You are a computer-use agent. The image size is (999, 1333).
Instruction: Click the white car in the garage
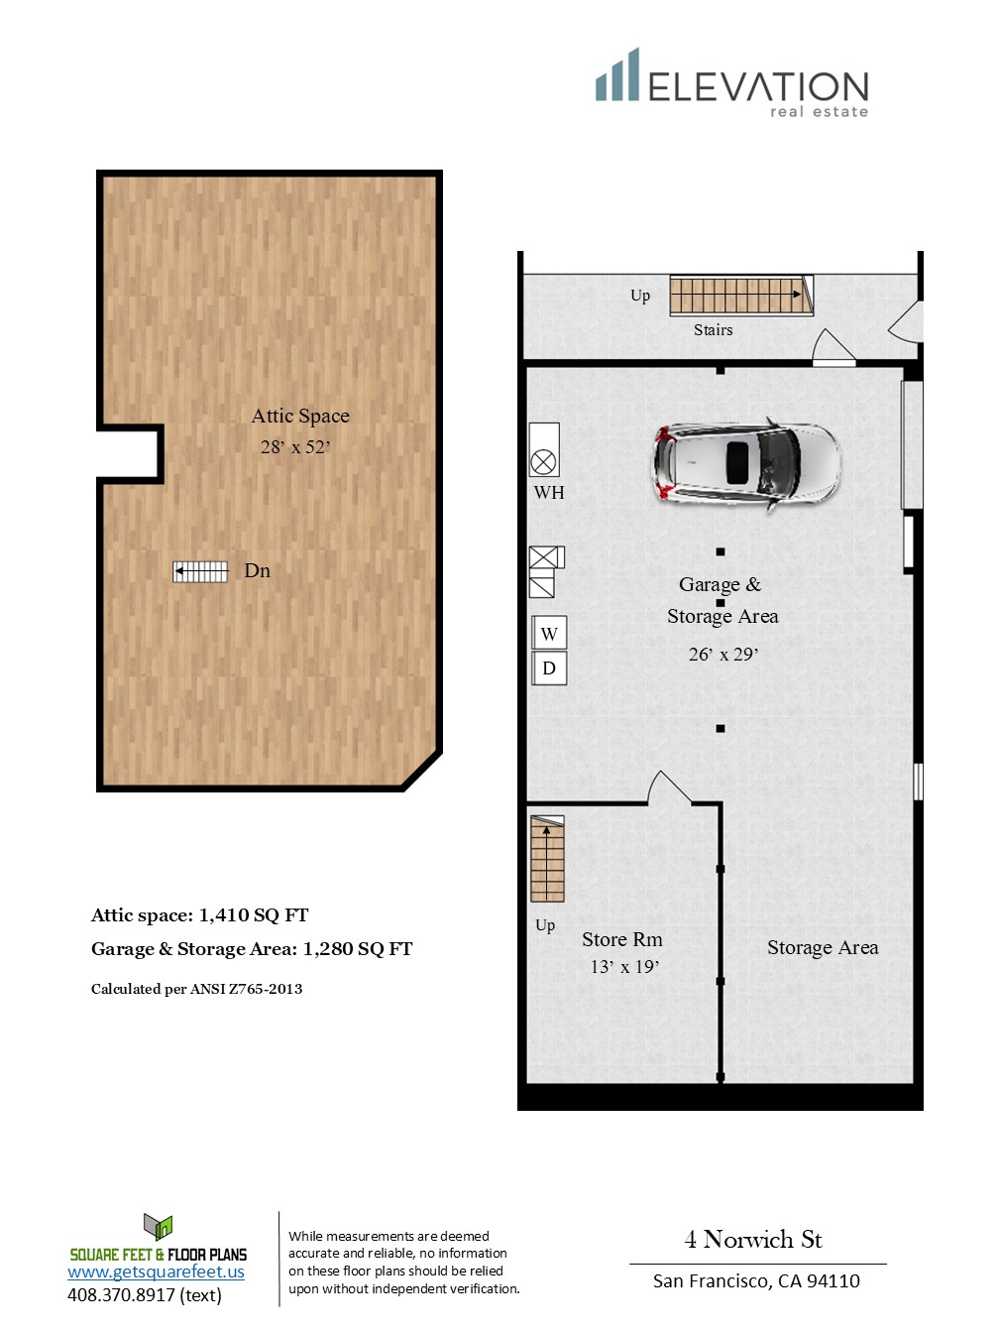746,464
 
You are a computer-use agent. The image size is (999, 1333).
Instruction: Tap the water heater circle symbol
543,463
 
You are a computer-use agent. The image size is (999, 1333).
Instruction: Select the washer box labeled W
549,634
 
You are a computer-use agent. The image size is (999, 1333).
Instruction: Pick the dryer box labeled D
549,668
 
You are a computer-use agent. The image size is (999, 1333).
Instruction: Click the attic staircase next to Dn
201,571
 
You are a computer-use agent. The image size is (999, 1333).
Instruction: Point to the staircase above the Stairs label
741,296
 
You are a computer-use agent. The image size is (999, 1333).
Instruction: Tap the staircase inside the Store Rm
547,858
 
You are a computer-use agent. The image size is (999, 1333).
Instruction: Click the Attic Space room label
300,416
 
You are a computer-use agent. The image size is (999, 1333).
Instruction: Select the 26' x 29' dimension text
723,654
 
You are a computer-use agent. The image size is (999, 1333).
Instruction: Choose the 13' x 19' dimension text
624,966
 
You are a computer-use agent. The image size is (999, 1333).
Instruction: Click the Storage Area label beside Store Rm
823,947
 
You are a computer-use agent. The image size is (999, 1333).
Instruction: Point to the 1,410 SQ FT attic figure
254,915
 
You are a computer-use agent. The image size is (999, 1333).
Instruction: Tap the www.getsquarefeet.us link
156,1272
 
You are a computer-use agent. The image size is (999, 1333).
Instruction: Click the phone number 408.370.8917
121,1294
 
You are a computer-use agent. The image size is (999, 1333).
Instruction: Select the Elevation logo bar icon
616,74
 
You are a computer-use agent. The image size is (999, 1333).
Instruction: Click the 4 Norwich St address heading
753,1240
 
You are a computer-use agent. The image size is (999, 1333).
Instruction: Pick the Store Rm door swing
670,788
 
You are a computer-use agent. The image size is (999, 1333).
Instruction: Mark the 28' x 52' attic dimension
295,447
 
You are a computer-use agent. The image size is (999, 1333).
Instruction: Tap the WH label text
549,493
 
